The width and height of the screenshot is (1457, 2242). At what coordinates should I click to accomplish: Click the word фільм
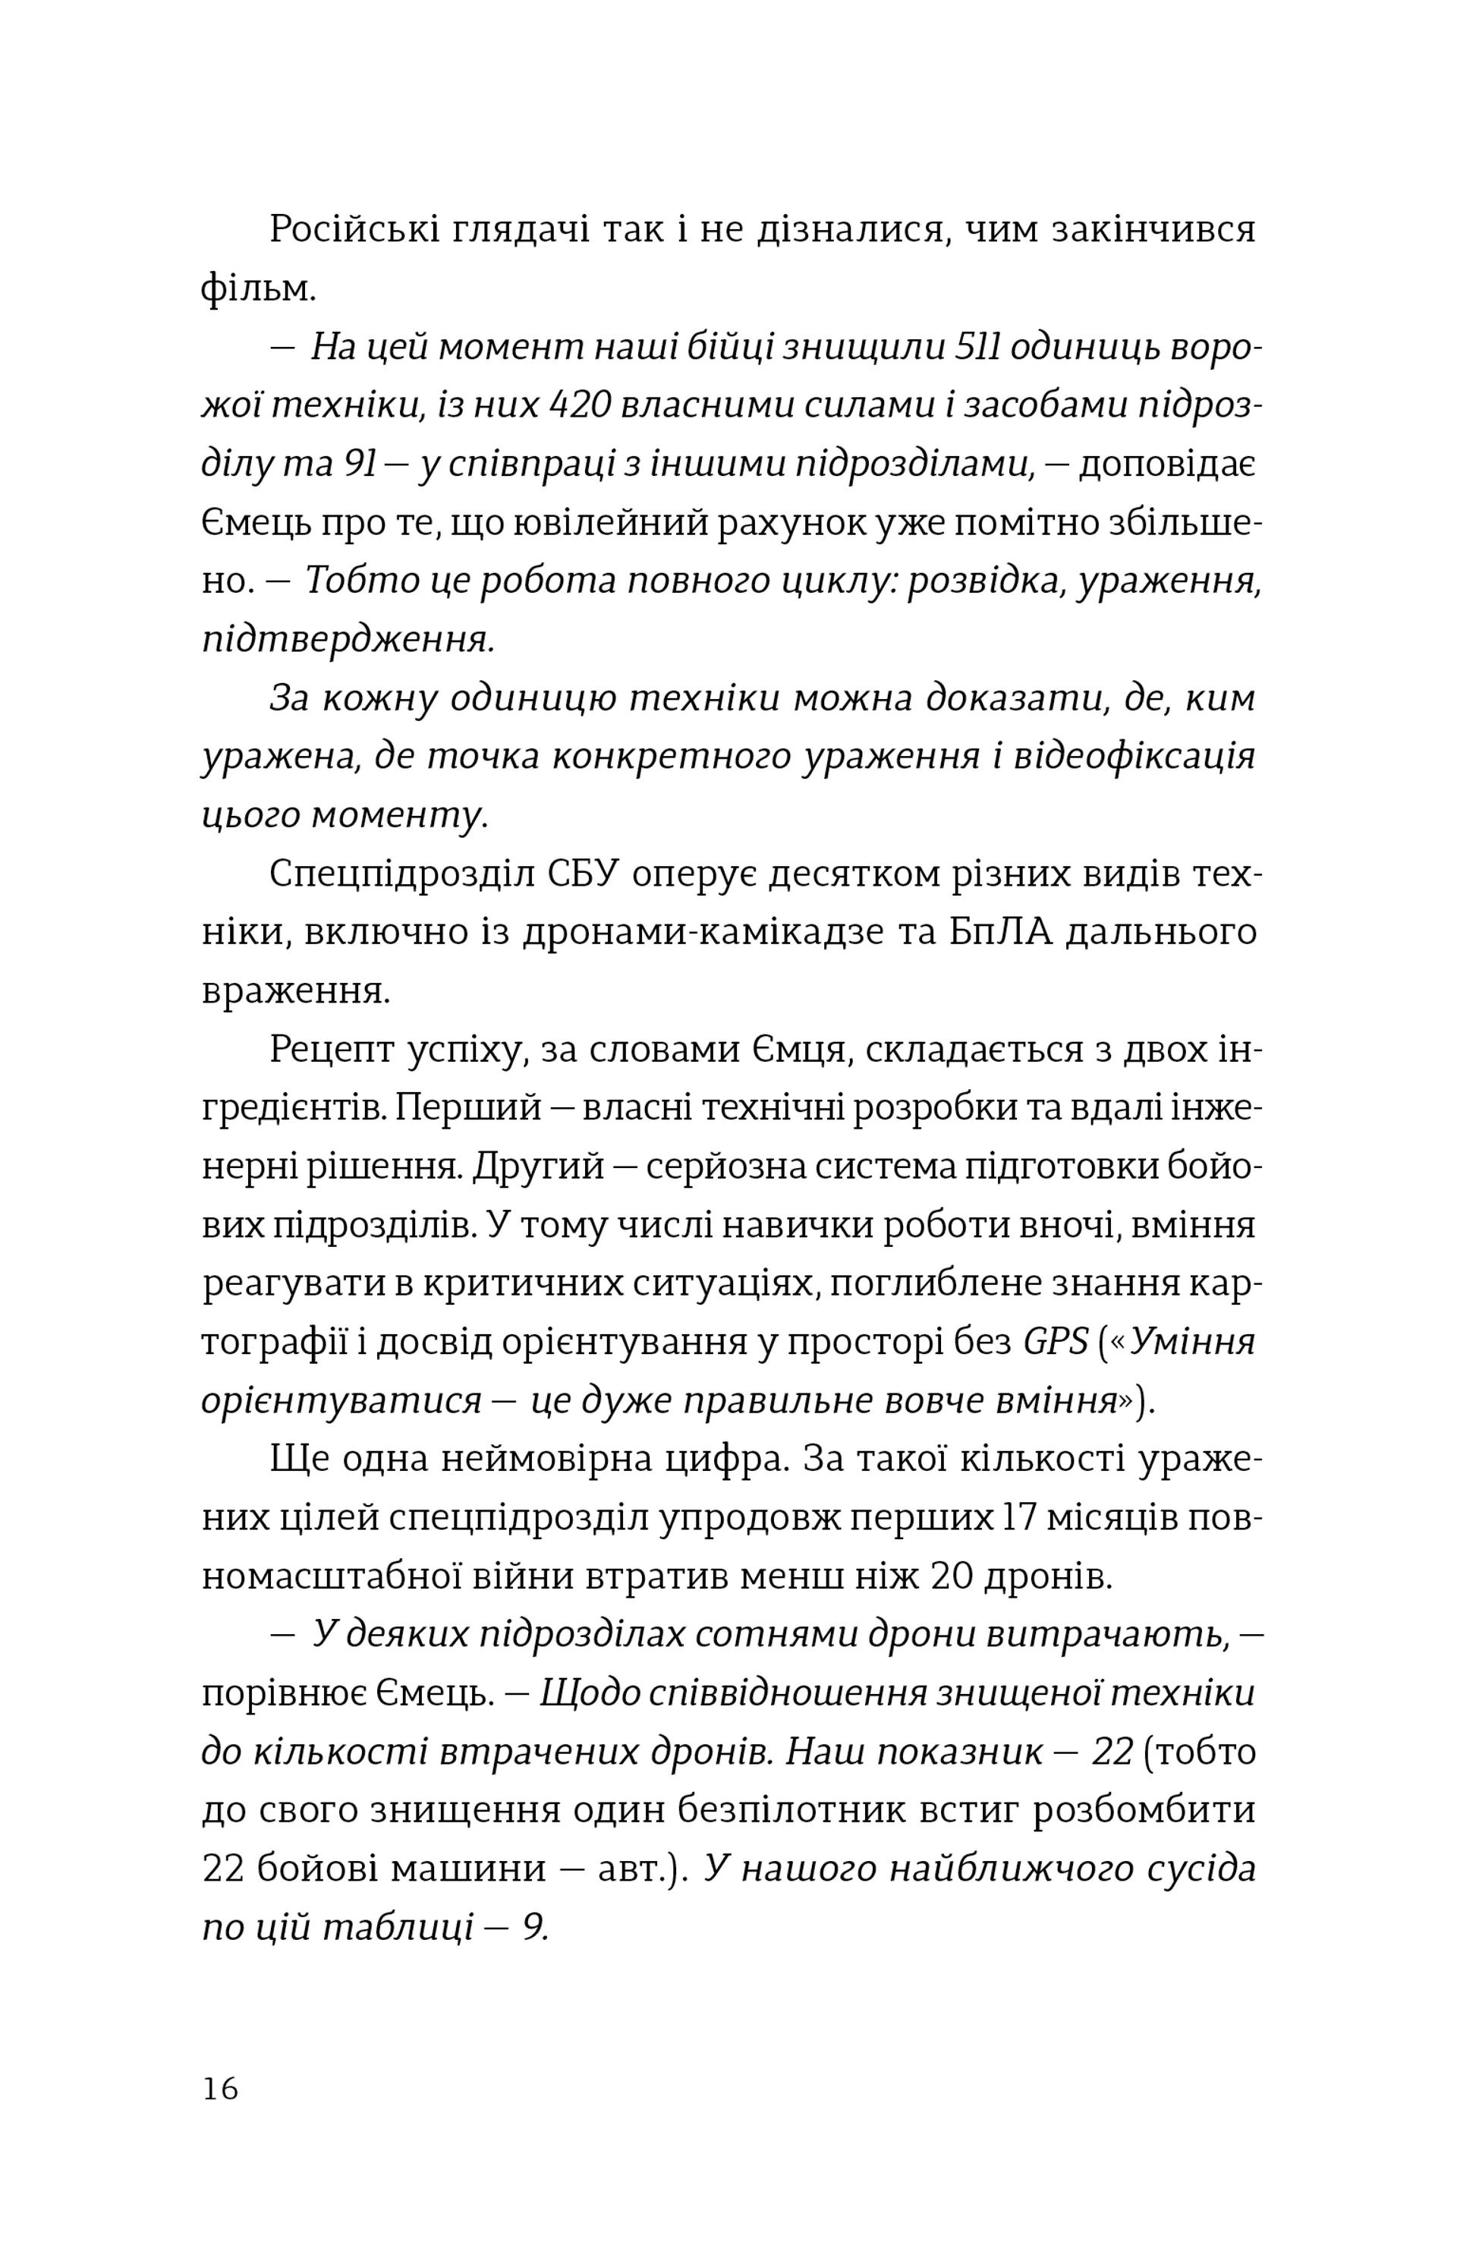tap(257, 288)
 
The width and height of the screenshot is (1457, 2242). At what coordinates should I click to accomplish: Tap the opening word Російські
tap(354, 230)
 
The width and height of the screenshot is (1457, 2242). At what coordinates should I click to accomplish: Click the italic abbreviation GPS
tap(1056, 1341)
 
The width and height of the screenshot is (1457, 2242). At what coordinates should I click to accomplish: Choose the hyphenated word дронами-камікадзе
tap(703, 932)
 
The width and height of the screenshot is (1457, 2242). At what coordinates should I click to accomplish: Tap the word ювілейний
tap(612, 524)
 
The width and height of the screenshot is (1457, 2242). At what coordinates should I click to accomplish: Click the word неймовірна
tap(547, 1460)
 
